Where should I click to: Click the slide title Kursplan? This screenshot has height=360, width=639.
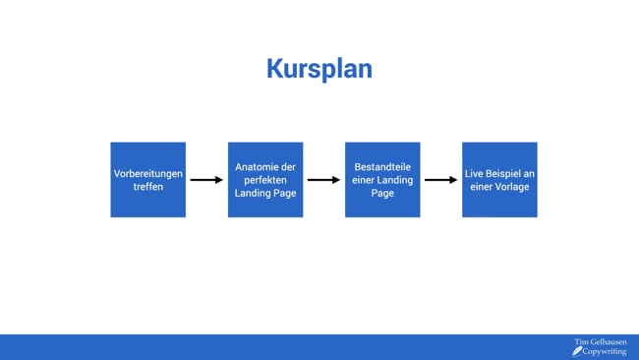319,69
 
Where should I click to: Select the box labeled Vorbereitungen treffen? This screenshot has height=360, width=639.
147,180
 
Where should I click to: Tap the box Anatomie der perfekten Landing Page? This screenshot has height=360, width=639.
265,180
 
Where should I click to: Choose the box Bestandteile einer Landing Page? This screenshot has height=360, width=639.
382,180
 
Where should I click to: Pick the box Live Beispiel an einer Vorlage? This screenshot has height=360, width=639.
499,180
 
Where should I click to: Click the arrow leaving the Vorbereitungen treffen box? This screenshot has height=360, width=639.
206,180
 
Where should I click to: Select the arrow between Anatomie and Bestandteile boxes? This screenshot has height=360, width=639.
323,180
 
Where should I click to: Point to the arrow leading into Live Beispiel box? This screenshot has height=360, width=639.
440,180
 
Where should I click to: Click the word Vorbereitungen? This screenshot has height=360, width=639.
147,174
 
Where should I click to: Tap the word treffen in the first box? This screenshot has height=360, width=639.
147,187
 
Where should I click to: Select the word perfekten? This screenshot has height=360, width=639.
265,180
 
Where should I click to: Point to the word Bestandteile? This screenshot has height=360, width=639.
382,167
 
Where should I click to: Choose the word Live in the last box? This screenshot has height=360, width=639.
475,174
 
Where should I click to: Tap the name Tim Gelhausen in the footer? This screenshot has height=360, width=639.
600,342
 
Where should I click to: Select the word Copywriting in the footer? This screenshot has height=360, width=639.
605,351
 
